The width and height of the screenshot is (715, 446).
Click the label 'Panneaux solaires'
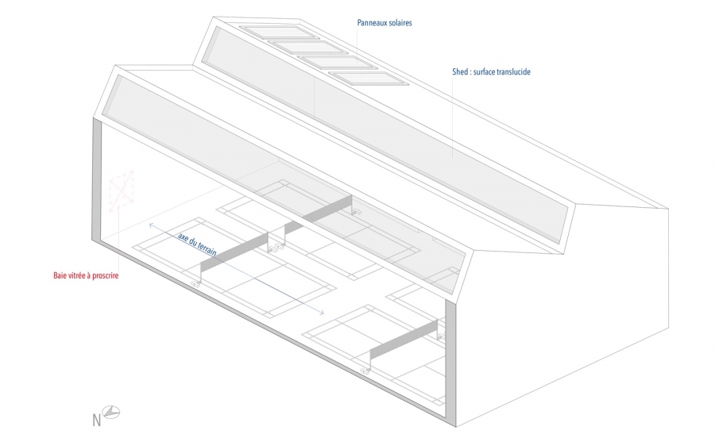click(x=385, y=23)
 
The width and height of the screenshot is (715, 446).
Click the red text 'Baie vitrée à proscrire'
click(x=86, y=275)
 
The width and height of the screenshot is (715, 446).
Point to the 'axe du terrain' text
click(x=197, y=244)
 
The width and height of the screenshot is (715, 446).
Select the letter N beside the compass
click(x=97, y=420)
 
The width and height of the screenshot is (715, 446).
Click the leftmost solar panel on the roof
click(x=275, y=33)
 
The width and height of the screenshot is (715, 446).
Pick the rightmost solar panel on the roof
click(x=368, y=79)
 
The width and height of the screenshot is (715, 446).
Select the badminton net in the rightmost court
click(x=404, y=344)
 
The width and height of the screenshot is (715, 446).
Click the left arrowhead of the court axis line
click(x=151, y=225)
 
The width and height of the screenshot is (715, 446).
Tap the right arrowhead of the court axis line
click(x=322, y=313)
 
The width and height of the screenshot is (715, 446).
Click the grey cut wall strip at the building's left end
click(x=97, y=179)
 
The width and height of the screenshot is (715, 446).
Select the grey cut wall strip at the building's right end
click(x=451, y=364)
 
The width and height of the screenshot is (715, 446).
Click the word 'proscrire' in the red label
click(x=106, y=275)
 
